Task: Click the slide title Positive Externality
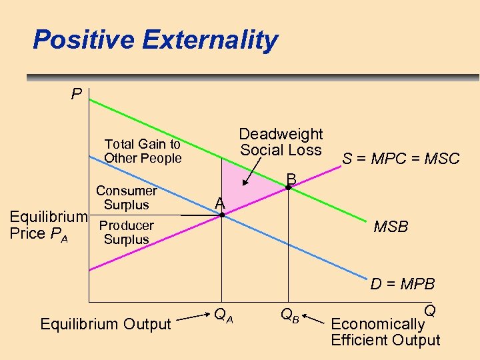(x=155, y=40)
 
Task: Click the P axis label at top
(x=77, y=94)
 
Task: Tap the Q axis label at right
(x=430, y=311)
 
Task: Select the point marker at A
(x=223, y=215)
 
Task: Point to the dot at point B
(x=288, y=188)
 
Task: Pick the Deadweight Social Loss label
(x=281, y=142)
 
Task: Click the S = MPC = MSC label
(x=401, y=159)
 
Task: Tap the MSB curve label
(x=391, y=227)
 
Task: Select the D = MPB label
(x=403, y=285)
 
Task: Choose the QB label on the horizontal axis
(x=289, y=315)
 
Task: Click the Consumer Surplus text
(x=126, y=198)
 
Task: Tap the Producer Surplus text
(x=126, y=233)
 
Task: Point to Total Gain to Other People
(x=143, y=151)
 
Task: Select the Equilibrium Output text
(x=106, y=325)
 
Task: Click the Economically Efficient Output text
(x=385, y=332)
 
